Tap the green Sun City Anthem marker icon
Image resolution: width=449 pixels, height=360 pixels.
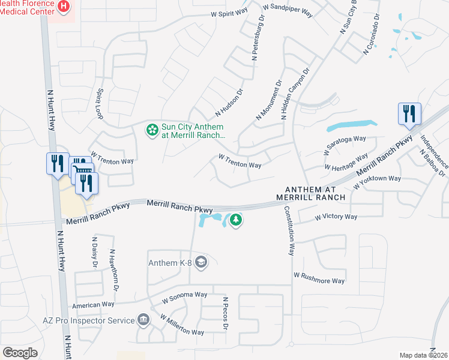(152, 130)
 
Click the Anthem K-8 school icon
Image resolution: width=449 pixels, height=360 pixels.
(200, 262)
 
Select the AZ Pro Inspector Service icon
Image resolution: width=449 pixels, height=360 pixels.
(143, 320)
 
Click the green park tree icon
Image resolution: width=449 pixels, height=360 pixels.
(236, 220)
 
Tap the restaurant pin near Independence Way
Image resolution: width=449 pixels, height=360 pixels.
(409, 114)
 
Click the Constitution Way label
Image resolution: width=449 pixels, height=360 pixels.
(289, 231)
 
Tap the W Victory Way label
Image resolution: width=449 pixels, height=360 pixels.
(336, 217)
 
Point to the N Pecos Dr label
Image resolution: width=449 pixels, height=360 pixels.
(226, 313)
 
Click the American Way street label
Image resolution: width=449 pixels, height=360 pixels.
(93, 305)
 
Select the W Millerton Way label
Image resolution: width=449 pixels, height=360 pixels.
(181, 325)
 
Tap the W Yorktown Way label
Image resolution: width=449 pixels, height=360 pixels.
(376, 181)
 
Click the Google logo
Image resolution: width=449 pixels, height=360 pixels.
(20, 353)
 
